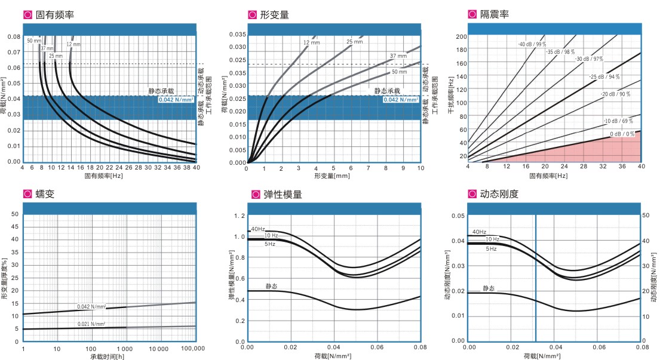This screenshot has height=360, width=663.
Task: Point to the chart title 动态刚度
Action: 501,194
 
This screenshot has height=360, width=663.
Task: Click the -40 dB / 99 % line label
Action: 532,45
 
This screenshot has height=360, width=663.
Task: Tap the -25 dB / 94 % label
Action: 604,77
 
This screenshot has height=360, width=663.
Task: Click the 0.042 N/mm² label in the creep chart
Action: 91,307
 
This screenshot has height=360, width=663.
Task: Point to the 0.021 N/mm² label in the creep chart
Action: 91,324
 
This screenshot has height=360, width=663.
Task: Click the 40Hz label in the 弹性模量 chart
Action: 257,229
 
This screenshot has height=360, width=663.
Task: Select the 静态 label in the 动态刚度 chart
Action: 488,288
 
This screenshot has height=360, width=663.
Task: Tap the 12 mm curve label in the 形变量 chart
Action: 311,43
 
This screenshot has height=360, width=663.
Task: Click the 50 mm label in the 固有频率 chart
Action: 33,41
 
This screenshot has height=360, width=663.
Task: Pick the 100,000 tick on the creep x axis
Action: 192,348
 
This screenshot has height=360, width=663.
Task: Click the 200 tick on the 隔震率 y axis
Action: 461,36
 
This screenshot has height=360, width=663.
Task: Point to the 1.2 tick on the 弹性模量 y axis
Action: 240,215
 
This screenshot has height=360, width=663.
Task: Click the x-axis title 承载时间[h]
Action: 108,356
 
